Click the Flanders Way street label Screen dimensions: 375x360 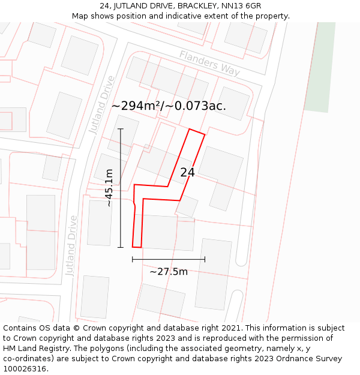coord(209,62)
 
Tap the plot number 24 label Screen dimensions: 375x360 coord(187,172)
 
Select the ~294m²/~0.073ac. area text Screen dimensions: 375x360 coord(169,106)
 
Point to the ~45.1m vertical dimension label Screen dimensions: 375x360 coord(109,188)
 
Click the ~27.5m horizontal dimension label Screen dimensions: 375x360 coord(169,271)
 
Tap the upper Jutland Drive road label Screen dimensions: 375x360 coord(101,104)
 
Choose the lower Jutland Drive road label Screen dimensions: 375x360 coord(72,245)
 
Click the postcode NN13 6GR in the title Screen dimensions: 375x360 coord(240,5)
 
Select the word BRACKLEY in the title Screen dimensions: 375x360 coord(193,5)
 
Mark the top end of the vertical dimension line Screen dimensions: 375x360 coord(121,129)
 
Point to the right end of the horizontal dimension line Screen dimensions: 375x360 coord(205,259)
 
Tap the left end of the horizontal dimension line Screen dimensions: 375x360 coord(133,259)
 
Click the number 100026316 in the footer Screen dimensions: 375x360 coord(26,368)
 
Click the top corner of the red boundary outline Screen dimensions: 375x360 coord(190,129)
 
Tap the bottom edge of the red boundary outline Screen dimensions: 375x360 coord(137,247)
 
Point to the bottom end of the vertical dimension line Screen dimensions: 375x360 coord(121,247)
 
